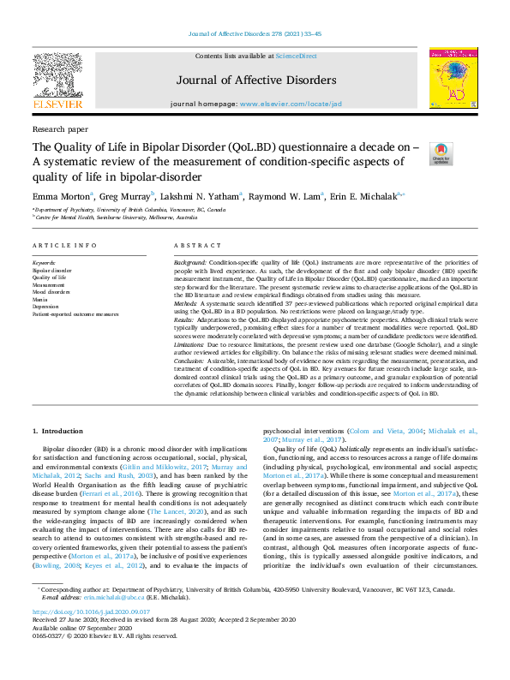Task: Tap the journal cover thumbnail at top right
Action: coord(453,77)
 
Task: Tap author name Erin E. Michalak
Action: coord(362,196)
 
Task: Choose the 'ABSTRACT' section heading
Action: coord(192,245)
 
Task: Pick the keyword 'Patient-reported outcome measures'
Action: coord(75,314)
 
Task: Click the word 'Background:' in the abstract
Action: coord(189,260)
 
